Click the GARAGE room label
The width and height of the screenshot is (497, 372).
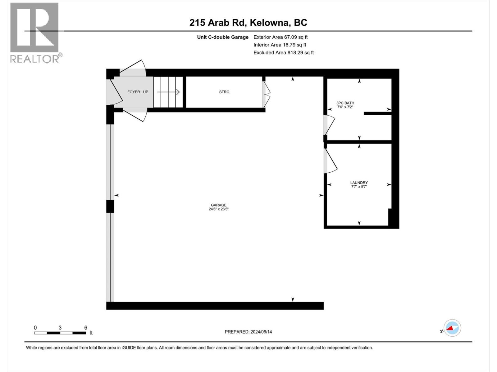point(218,205)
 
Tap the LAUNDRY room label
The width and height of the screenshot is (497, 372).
point(359,183)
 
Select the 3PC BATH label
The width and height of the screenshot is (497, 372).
point(345,103)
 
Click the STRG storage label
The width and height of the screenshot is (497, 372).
point(224,92)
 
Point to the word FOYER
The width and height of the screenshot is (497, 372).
point(134,92)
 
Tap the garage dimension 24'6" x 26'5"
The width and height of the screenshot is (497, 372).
point(218,209)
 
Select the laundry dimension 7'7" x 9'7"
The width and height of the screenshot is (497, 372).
point(359,187)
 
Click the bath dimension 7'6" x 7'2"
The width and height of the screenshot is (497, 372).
point(345,107)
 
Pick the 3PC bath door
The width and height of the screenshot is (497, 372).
point(329,125)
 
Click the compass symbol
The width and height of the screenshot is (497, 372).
point(452,328)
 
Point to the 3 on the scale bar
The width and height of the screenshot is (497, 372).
point(60,328)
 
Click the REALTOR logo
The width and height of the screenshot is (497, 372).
point(35,33)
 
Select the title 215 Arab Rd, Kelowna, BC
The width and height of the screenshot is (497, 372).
point(248,23)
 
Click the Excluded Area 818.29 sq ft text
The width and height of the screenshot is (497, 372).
point(283,53)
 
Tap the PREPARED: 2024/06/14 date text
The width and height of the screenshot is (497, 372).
point(248,332)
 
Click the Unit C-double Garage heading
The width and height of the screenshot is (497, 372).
point(222,37)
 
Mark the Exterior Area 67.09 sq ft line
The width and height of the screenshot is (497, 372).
point(280,37)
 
